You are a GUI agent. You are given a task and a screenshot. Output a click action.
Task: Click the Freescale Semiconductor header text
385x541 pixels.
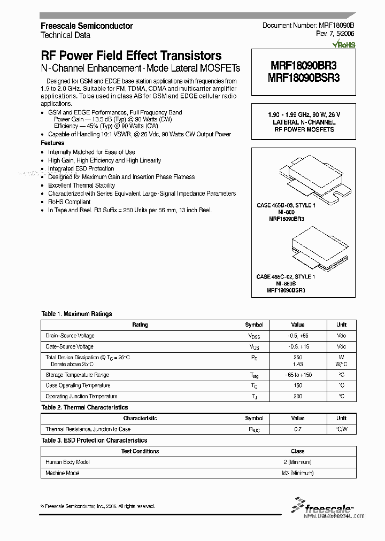coord(87,26)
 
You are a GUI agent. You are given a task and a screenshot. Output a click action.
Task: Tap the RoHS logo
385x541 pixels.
coord(344,45)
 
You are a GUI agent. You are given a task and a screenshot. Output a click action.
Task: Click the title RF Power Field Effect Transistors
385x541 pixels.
coord(131,56)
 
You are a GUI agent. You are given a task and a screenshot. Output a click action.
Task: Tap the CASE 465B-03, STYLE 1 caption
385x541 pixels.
coord(286,205)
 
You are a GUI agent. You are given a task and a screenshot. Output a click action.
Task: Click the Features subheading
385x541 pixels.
coord(52,143)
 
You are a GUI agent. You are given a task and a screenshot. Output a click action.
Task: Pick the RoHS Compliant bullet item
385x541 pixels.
coord(69,202)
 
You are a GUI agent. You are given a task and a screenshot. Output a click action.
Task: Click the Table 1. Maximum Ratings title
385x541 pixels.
coord(76,314)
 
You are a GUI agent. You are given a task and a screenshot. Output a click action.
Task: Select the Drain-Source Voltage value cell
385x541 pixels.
coord(298,336)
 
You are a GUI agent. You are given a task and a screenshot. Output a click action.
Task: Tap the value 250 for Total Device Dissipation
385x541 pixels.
coord(298,357)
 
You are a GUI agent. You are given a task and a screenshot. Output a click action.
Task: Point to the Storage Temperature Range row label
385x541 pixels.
coord(77,375)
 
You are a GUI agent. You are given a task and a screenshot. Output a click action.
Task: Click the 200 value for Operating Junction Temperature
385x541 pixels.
coord(298,396)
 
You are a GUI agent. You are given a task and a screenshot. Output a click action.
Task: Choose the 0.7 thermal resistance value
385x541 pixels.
coord(298,429)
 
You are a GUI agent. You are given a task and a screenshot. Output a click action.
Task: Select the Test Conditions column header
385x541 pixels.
coord(140,451)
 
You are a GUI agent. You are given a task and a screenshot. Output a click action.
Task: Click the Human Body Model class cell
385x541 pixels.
coord(298,462)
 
